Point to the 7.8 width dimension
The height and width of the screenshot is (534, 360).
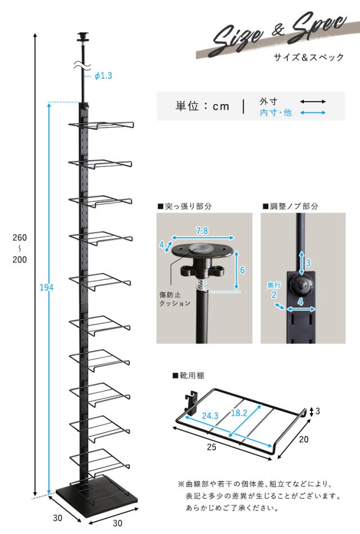[201, 231]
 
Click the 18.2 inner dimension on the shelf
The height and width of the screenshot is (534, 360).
[238, 413]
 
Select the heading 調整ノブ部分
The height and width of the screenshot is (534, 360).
[290, 206]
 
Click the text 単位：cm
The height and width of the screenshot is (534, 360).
[202, 106]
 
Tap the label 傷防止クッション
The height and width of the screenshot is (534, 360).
[174, 298]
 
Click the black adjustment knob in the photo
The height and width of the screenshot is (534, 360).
[304, 285]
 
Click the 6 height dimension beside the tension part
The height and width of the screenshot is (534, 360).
[242, 270]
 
